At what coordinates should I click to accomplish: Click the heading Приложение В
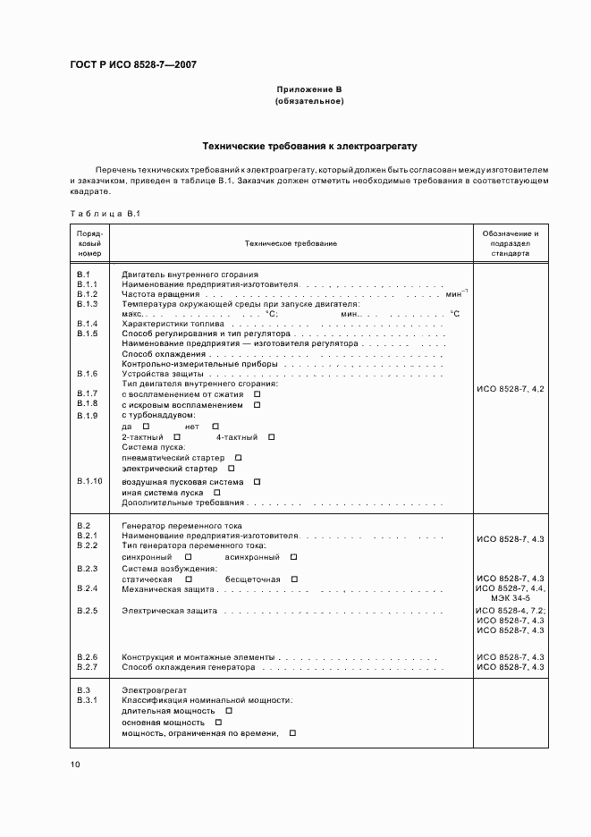[x=309, y=90]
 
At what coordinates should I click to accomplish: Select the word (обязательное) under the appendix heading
[x=309, y=101]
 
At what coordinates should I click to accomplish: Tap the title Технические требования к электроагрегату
[x=309, y=145]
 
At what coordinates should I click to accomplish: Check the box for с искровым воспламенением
[x=257, y=405]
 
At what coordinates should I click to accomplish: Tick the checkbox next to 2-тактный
[x=171, y=436]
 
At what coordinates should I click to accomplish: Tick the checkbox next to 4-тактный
[x=272, y=436]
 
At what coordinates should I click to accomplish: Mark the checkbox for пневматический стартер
[x=238, y=458]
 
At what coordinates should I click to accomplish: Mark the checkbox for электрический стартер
[x=232, y=468]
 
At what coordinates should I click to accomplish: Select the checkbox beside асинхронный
[x=293, y=556]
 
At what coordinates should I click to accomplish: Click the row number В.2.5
[x=87, y=611]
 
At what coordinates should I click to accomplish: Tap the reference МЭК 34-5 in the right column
[x=510, y=599]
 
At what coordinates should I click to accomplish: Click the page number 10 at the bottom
[x=75, y=764]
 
